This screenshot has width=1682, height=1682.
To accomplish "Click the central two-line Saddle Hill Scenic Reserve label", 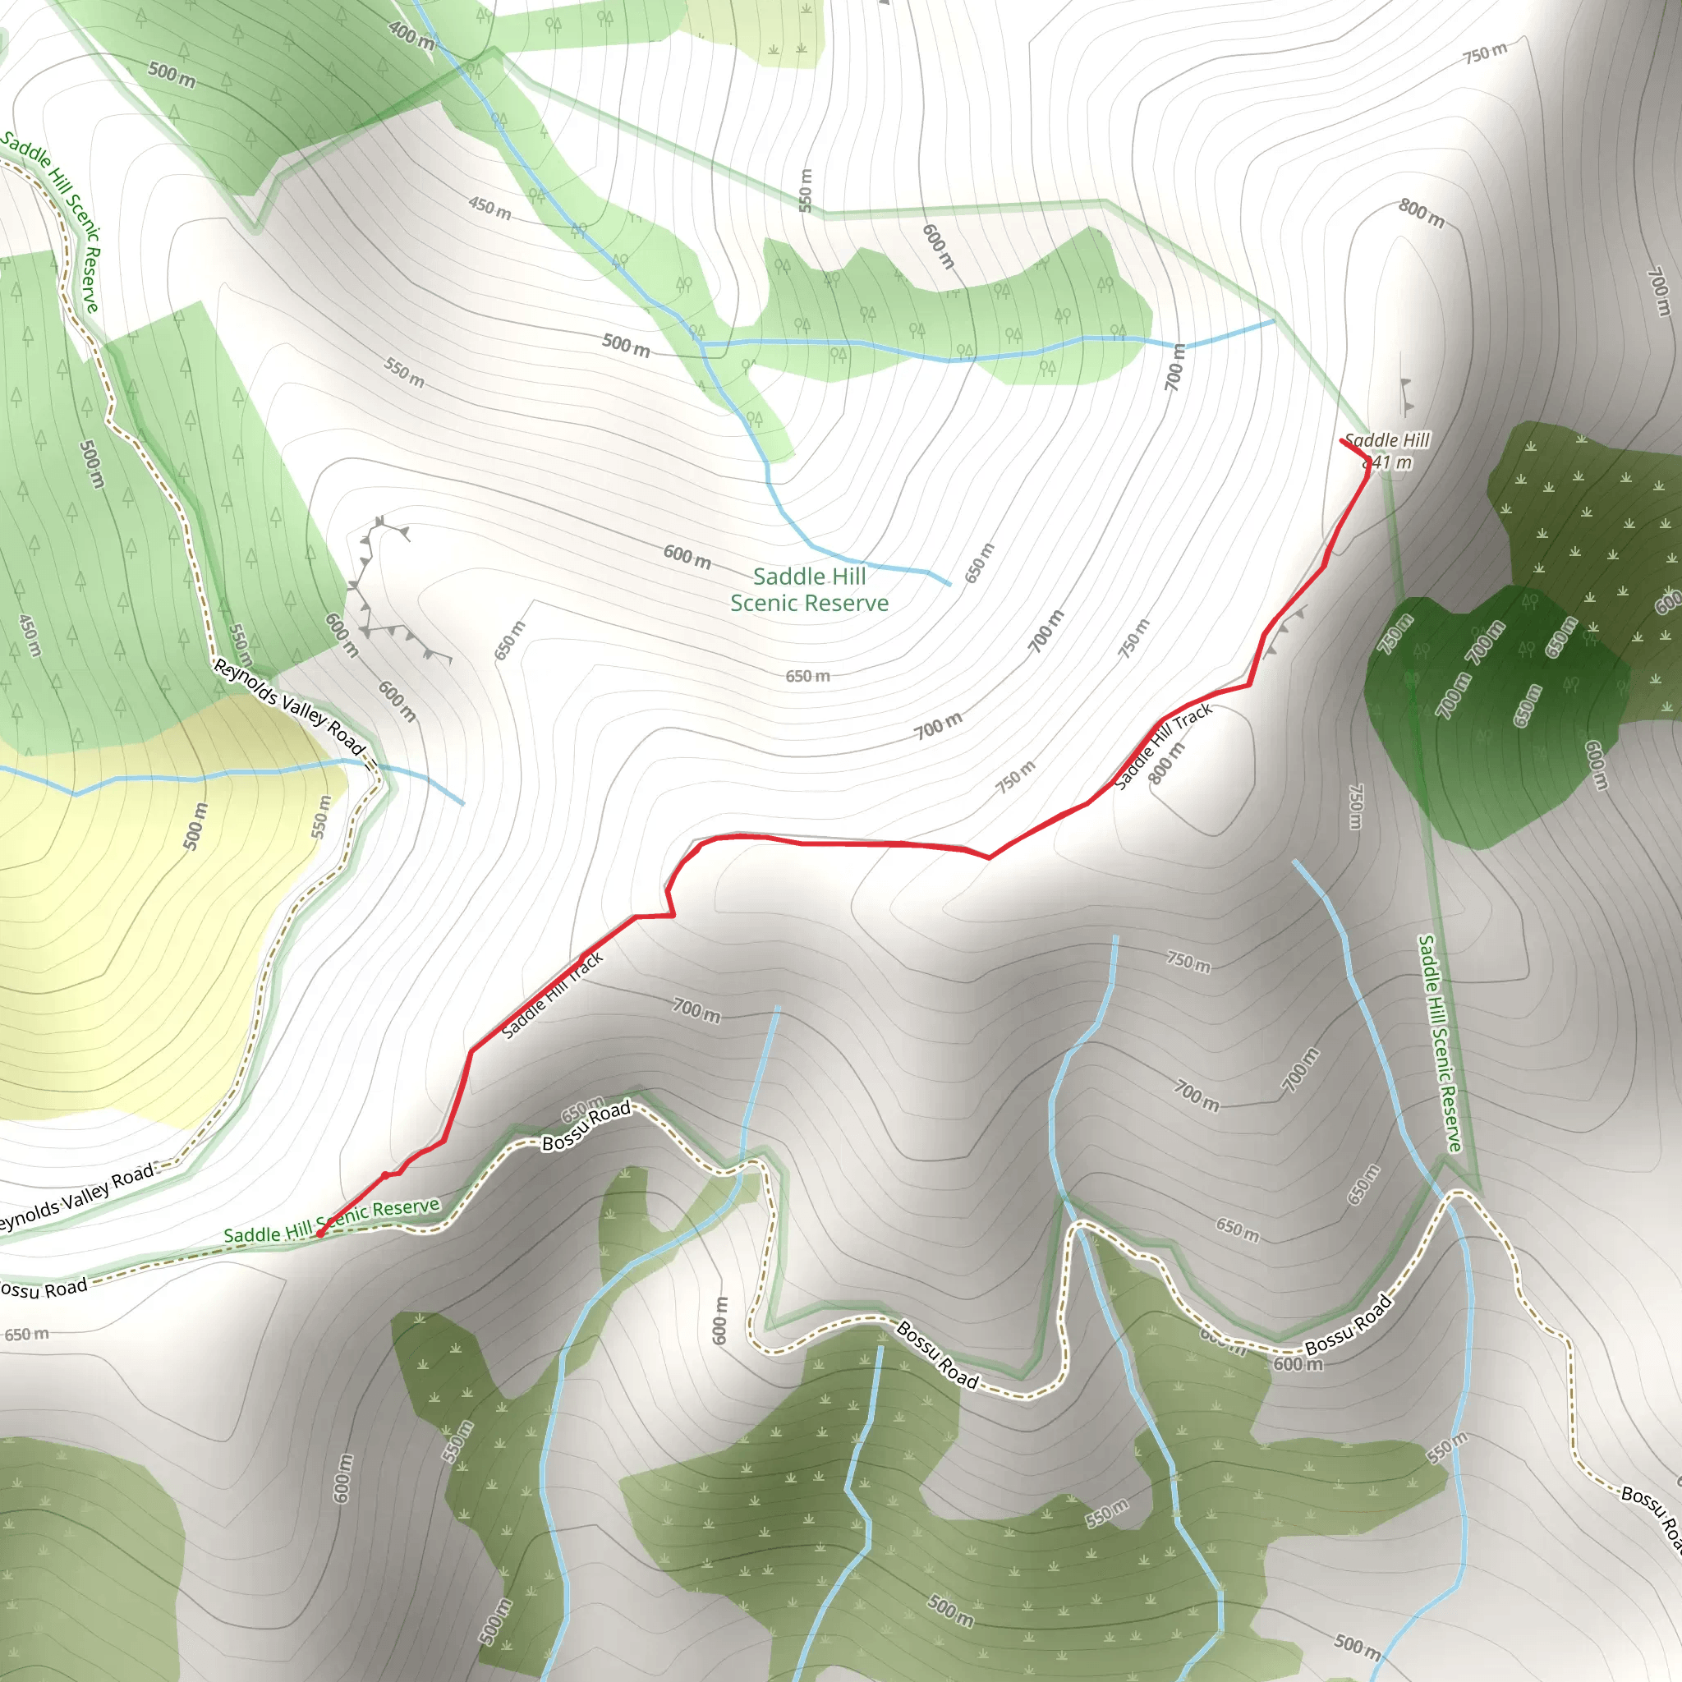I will pos(809,590).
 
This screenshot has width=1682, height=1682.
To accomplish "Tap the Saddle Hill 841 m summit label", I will pos(1387,451).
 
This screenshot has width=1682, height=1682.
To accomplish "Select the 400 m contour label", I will pos(411,34).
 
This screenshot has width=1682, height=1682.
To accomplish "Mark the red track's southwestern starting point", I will pos(320,1233).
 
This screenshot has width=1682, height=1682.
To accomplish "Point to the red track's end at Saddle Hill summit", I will pos(1343,440).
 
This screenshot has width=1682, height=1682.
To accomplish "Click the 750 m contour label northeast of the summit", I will pos(1485,53).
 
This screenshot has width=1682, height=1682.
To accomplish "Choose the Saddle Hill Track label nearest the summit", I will pos(1163,745).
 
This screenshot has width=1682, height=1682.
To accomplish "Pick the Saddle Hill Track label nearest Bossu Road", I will pos(552,995).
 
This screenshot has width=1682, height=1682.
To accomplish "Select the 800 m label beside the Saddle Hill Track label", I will pos(1166,763).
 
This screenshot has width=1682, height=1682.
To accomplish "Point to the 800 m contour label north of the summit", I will pos(1422,213).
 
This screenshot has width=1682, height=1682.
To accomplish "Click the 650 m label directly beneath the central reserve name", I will pos(807,676).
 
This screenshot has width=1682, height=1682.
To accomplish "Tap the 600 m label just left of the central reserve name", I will pos(687,555).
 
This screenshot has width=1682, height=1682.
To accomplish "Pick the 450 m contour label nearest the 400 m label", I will pos(490,208).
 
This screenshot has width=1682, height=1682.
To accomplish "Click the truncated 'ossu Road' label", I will pos(44,1288).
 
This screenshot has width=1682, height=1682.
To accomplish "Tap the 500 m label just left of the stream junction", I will pos(626,345).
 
